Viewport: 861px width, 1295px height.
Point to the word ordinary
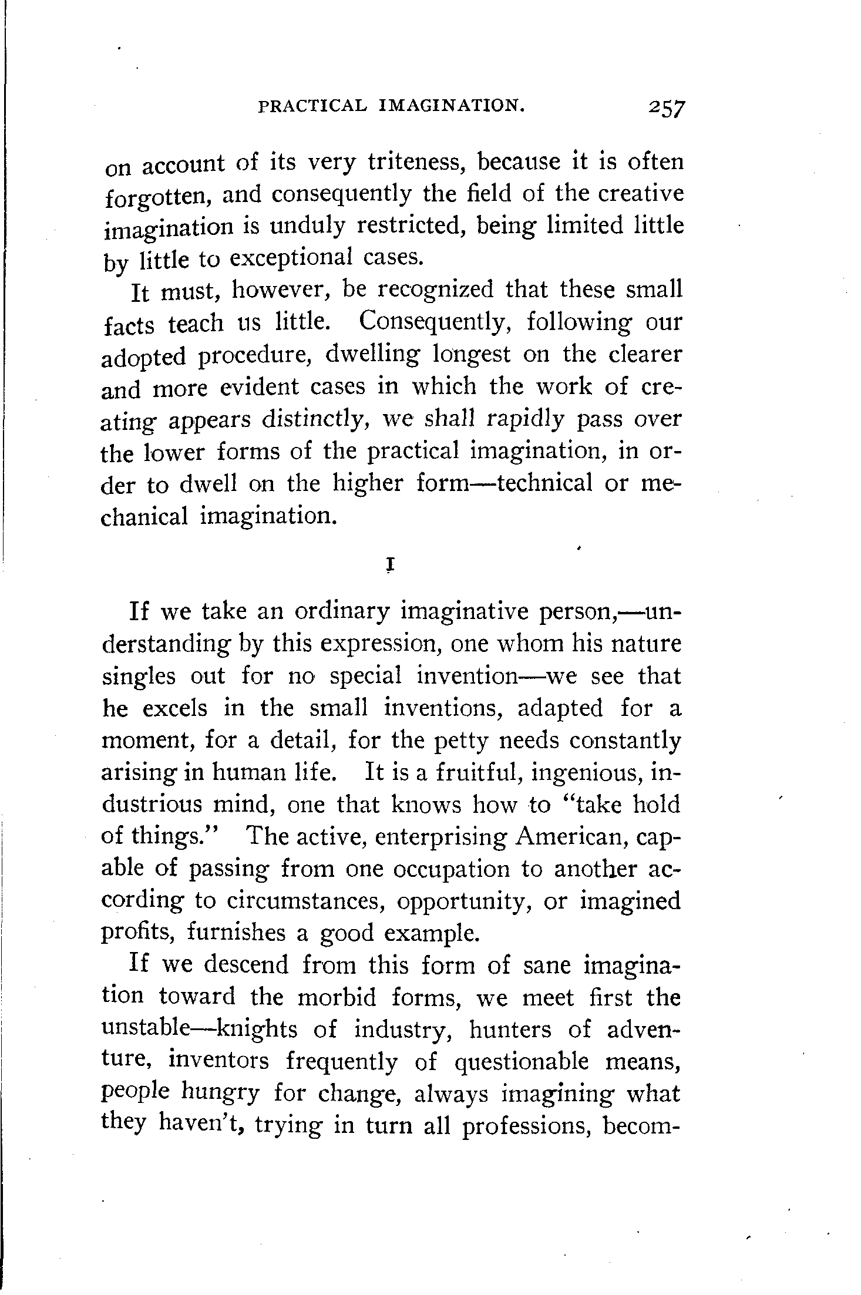point(341,613)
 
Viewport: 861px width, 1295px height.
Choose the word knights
point(261,1029)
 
